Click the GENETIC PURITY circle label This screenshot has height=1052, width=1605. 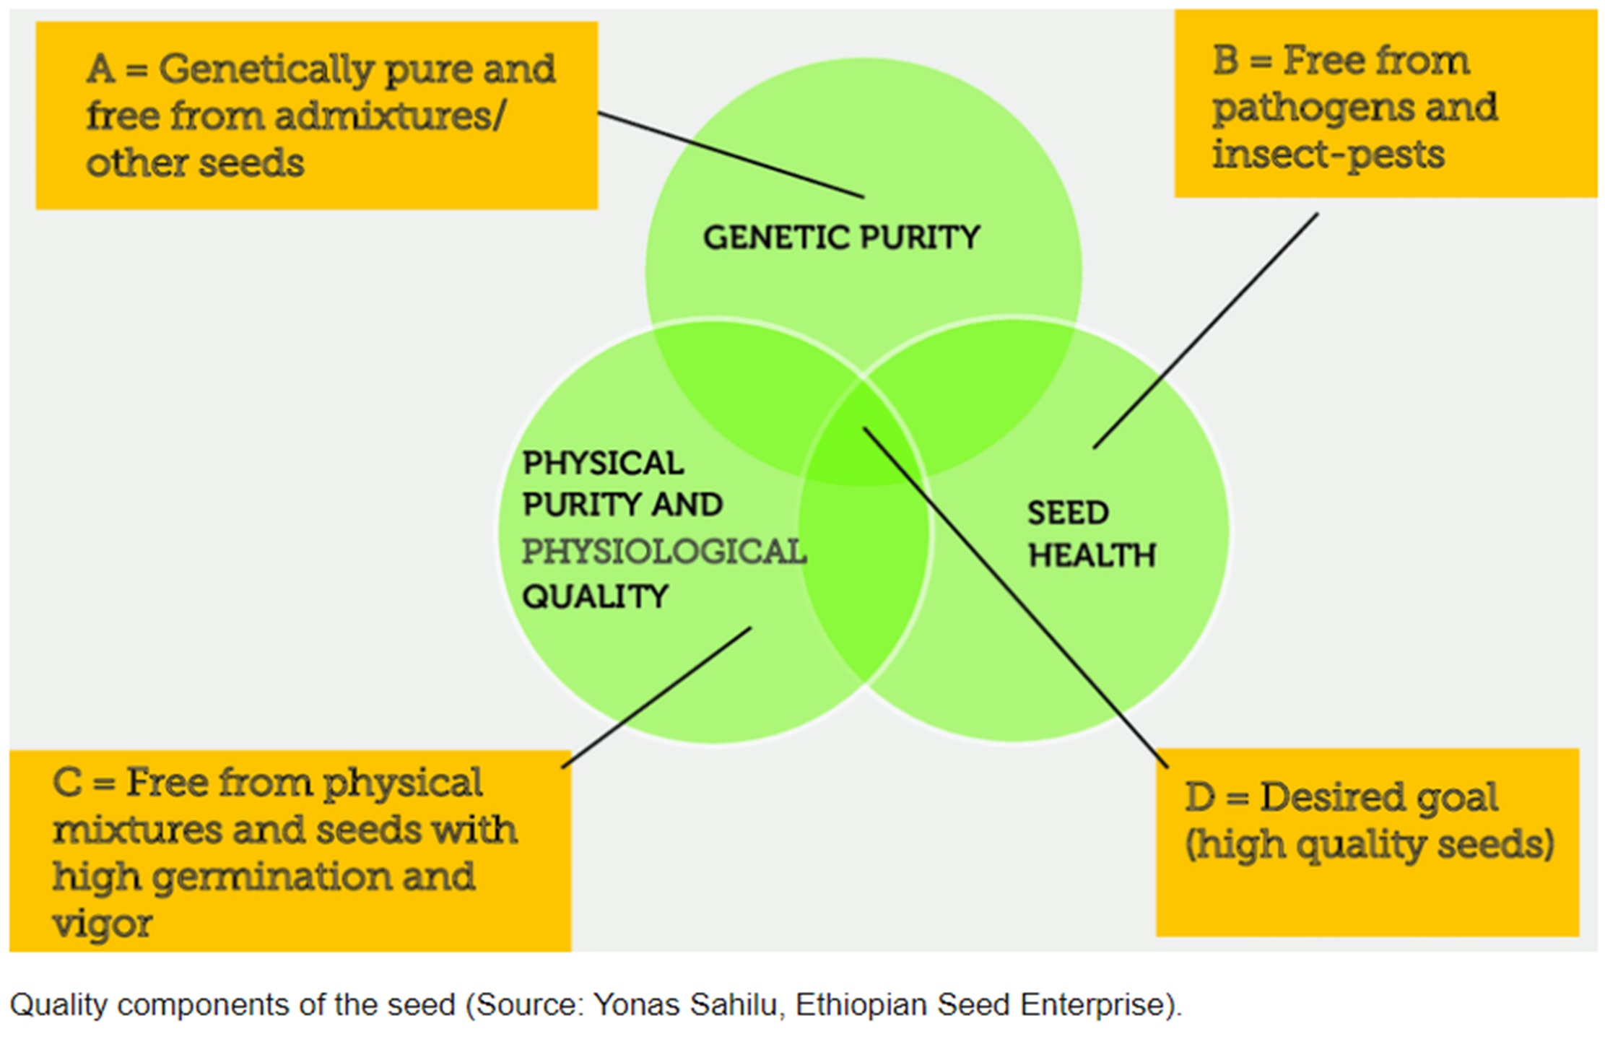click(x=841, y=238)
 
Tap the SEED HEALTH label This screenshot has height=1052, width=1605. click(x=1091, y=534)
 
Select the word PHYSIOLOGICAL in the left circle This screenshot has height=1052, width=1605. click(x=664, y=552)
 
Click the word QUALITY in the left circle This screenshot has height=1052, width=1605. click(x=595, y=596)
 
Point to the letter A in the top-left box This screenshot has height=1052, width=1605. click(x=100, y=69)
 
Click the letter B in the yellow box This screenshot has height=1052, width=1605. click(x=1226, y=61)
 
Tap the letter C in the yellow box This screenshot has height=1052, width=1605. click(x=67, y=783)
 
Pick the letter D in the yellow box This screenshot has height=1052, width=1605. click(x=1200, y=798)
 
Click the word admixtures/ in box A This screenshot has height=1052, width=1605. click(x=391, y=116)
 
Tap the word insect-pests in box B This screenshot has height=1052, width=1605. click(x=1328, y=155)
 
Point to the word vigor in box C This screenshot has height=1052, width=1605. click(x=102, y=923)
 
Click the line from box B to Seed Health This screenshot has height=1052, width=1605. click(x=1206, y=330)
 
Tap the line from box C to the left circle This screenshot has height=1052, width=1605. click(x=657, y=697)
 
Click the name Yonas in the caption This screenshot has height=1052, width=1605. click(x=635, y=1004)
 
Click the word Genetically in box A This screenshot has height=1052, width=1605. click(x=265, y=70)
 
